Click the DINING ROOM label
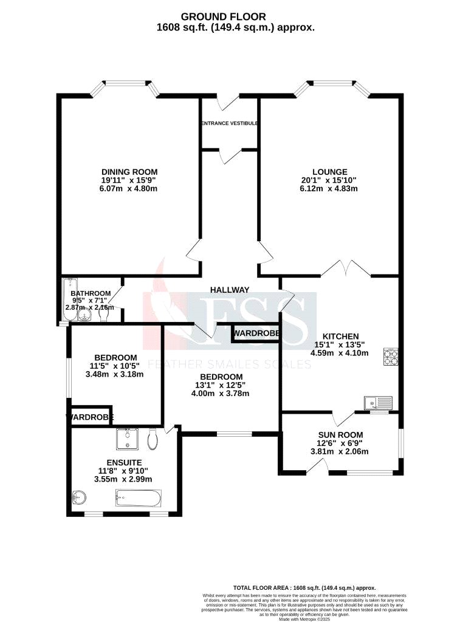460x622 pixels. [129, 171]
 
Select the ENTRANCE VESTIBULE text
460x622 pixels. [230, 123]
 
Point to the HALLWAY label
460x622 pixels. [230, 290]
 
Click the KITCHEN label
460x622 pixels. [340, 336]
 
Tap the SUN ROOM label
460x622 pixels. [340, 434]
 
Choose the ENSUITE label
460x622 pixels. [122, 462]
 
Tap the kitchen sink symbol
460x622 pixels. [378, 402]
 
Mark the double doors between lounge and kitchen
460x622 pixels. [345, 267]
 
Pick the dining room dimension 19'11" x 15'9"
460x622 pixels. [129, 180]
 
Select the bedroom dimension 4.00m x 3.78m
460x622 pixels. [221, 393]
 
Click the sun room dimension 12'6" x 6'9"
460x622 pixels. [340, 443]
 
